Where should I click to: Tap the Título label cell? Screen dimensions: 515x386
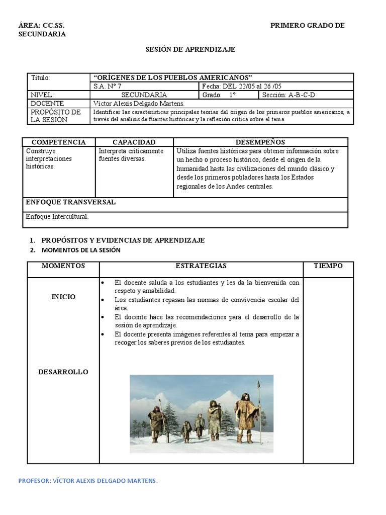[41, 78]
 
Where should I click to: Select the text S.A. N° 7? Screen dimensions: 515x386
[108, 86]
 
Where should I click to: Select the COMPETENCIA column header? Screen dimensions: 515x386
[59, 142]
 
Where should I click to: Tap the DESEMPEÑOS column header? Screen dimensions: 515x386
[260, 142]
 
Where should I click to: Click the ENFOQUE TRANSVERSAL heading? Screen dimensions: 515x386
[70, 202]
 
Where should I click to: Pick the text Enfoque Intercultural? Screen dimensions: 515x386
[57, 217]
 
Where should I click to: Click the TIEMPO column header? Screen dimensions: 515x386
[328, 266]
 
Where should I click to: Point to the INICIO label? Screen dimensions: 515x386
[63, 297]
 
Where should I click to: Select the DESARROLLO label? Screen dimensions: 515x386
[63, 372]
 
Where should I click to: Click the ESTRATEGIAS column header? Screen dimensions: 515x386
[201, 266]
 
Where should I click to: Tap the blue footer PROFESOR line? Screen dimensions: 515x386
[88, 481]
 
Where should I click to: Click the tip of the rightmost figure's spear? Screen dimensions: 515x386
[259, 384]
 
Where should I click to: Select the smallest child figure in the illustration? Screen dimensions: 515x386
[186, 430]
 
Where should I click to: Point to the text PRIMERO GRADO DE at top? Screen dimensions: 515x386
[308, 26]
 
